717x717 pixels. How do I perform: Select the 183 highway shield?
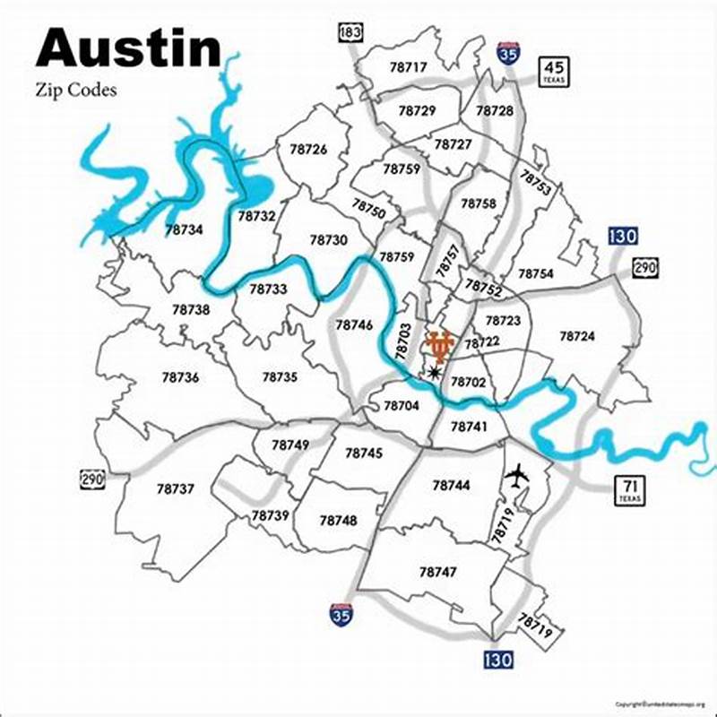tap(350, 33)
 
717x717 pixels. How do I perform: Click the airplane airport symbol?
tap(517, 475)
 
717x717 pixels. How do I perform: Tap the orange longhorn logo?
tap(440, 345)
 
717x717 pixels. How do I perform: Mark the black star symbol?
tap(436, 372)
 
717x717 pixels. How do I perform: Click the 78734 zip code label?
tap(184, 229)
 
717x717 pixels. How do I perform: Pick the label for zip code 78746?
tap(354, 325)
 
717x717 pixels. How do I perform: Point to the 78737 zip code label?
tap(175, 489)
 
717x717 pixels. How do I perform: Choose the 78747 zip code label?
tap(437, 571)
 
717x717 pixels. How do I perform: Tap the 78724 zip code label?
tap(577, 335)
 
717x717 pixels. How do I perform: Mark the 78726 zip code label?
tap(308, 150)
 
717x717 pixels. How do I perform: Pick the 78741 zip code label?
tap(468, 428)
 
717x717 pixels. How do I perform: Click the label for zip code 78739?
tap(270, 515)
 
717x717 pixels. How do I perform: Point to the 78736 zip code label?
tap(180, 377)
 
